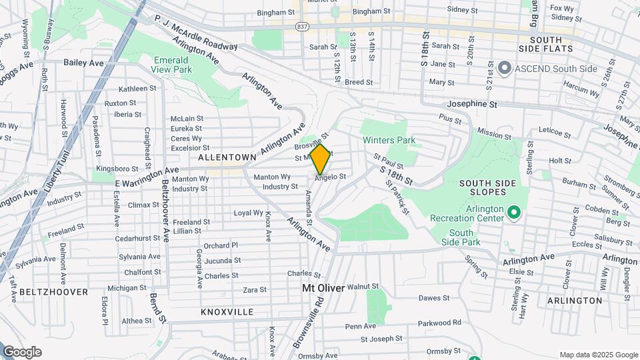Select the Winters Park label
(389, 140)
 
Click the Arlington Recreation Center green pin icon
(513, 213)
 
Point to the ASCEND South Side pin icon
(505, 68)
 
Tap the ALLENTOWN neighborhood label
(227, 157)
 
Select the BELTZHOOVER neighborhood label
(53, 292)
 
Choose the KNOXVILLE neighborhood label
(227, 311)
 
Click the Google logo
(22, 352)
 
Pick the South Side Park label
(461, 237)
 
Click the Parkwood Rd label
(439, 323)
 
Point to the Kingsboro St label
(116, 168)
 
